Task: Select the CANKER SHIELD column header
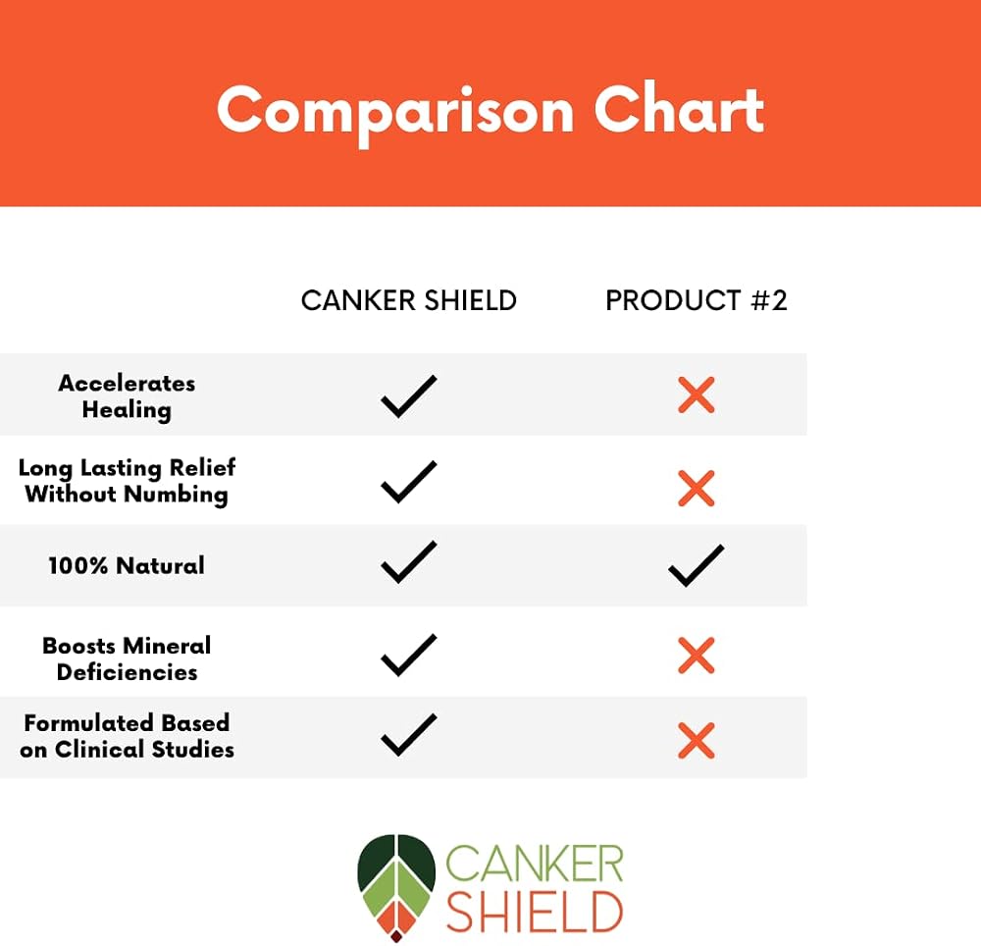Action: pos(408,301)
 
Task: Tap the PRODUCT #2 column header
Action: pos(696,301)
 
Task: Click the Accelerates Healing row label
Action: pos(127,396)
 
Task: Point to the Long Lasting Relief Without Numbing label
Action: pos(127,481)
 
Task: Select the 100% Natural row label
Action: pos(127,565)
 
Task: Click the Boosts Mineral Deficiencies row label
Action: pos(127,658)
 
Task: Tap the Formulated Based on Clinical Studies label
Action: pos(127,736)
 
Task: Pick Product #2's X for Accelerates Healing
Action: pos(697,394)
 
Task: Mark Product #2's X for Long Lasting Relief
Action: pos(697,488)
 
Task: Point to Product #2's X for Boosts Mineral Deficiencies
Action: pos(697,656)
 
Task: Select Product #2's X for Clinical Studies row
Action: pos(697,741)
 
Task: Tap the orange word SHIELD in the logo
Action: pos(535,913)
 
